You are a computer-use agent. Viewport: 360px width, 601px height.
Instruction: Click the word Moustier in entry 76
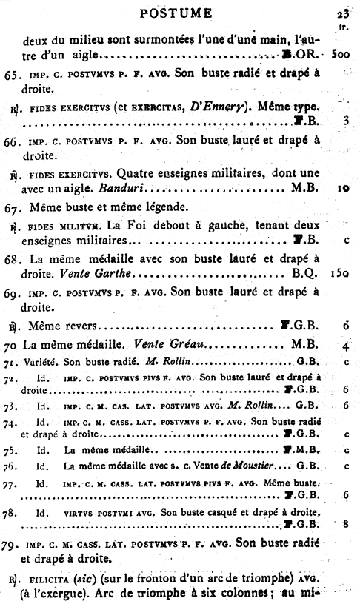(x=250, y=466)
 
